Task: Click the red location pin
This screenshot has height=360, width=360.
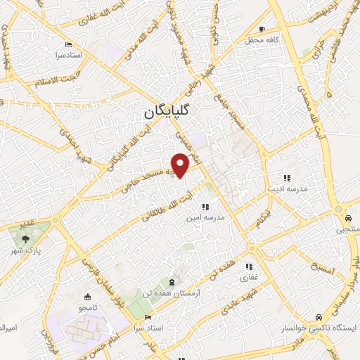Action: (x=181, y=164)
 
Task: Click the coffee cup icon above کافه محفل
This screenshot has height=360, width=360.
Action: (x=262, y=30)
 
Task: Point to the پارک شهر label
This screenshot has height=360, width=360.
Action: (x=28, y=250)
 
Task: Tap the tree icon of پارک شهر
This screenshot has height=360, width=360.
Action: (x=25, y=239)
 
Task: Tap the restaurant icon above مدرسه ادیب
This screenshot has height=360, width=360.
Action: (x=286, y=178)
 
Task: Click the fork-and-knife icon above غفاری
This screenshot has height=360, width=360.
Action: (x=248, y=266)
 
